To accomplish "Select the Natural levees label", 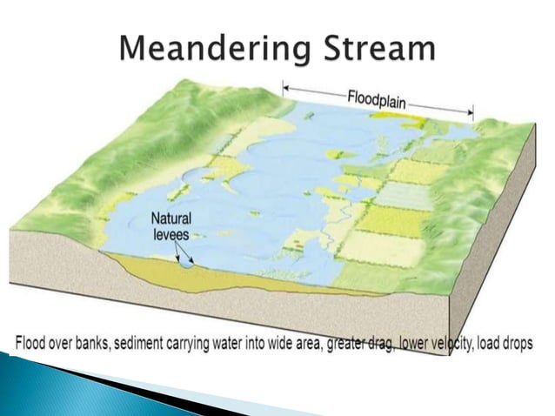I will (x=171, y=226).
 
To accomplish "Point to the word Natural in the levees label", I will (x=171, y=218).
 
